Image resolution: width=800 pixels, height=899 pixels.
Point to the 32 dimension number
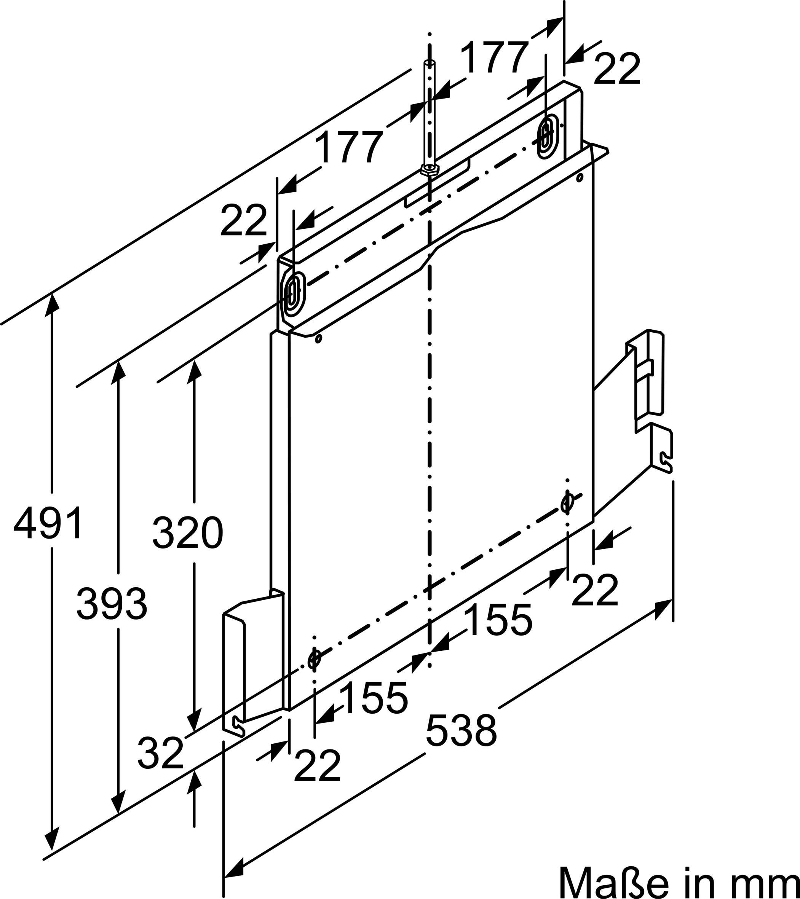(x=160, y=752)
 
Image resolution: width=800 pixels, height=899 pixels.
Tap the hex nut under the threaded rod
(x=430, y=169)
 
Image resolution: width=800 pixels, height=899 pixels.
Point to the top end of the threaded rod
(x=430, y=62)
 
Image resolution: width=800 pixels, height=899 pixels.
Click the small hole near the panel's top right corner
(x=580, y=178)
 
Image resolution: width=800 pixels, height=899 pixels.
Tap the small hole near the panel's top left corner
(x=319, y=339)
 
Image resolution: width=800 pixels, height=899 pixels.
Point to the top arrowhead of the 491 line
(x=53, y=301)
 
